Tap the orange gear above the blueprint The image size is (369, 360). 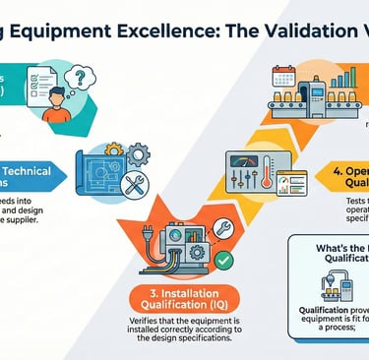[115, 149]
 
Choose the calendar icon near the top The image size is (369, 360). [283, 78]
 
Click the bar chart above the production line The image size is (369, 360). [343, 79]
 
